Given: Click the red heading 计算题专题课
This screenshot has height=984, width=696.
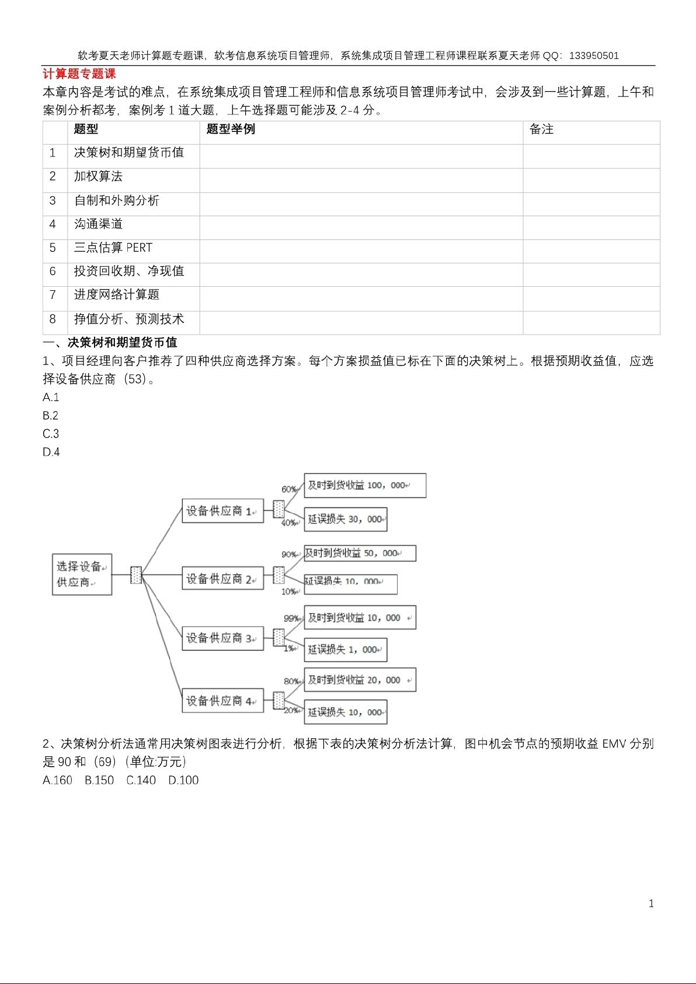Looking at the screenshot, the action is [x=79, y=74].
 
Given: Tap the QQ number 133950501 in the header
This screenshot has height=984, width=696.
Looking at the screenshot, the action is [x=594, y=56].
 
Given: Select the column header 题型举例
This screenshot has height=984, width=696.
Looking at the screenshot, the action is [x=231, y=129].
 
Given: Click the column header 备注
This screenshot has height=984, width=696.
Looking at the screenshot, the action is [x=541, y=129].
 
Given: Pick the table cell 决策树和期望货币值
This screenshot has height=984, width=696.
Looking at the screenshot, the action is [x=129, y=152].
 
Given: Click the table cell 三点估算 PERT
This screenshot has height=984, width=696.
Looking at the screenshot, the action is [x=113, y=248].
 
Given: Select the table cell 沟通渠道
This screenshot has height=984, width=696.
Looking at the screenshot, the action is [x=98, y=224].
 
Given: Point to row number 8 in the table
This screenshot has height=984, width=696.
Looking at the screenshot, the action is [x=53, y=319].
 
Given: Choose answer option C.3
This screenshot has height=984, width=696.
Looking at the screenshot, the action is [x=51, y=433].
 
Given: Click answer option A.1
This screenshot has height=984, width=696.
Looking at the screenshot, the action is [x=51, y=397].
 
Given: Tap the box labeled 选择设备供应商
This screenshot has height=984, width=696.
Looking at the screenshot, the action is [x=82, y=575].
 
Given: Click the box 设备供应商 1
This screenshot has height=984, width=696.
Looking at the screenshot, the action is [x=222, y=511].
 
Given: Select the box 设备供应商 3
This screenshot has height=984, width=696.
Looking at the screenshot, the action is [x=222, y=638].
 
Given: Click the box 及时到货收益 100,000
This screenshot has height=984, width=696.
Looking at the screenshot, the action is [x=365, y=485].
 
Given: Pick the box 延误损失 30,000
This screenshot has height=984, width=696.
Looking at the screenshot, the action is [x=346, y=519].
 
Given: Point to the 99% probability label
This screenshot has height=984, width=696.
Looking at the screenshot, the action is [x=291, y=618].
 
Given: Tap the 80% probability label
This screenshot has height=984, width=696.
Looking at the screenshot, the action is [x=291, y=682].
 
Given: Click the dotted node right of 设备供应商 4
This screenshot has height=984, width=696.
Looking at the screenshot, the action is [x=279, y=701].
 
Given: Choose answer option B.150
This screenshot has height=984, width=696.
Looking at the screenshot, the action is [x=99, y=780].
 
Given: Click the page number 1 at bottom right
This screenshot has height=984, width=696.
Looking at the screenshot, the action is [x=651, y=903].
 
